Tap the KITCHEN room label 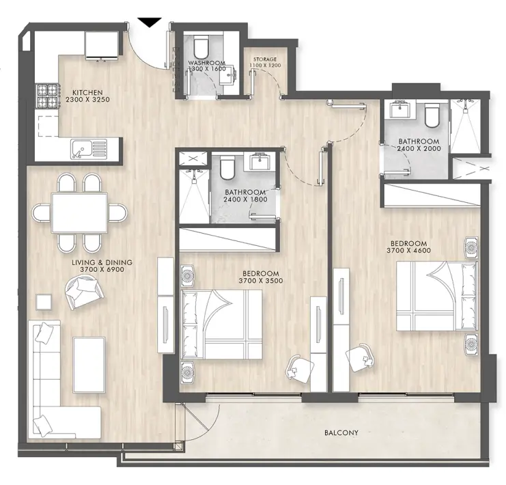(88, 92)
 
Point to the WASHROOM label (207, 63)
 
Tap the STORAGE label (265, 59)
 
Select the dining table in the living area (79, 213)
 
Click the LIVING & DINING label (102, 262)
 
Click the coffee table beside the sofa (89, 360)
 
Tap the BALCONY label (341, 432)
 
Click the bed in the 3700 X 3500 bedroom (223, 323)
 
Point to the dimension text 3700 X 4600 (408, 251)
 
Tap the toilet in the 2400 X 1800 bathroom (227, 166)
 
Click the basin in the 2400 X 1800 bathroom (260, 164)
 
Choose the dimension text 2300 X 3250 (88, 100)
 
